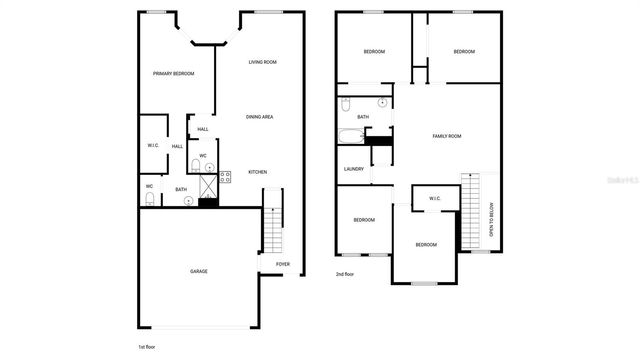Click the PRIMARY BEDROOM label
(173, 74)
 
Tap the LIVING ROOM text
(262, 62)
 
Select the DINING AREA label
(260, 117)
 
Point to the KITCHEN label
(257, 172)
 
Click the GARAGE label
(199, 271)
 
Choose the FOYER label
(283, 264)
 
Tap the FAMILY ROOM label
(446, 136)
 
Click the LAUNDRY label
(353, 169)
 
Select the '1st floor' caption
(148, 346)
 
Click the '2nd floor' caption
(346, 273)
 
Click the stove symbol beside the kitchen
(225, 177)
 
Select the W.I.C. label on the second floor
(435, 198)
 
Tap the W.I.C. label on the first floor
(153, 146)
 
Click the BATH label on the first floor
(181, 189)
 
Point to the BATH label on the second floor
(363, 117)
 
